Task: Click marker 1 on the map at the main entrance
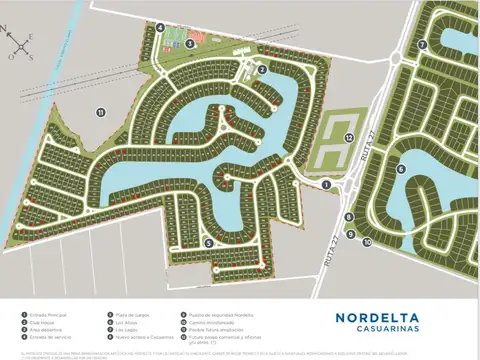[326, 184]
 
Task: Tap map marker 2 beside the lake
[262, 69]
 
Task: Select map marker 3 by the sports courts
[189, 43]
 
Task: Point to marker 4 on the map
[160, 28]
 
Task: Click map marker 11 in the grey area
[101, 112]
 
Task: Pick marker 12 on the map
[349, 137]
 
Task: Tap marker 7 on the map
[422, 45]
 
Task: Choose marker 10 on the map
[366, 242]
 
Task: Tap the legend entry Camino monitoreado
[212, 322]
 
